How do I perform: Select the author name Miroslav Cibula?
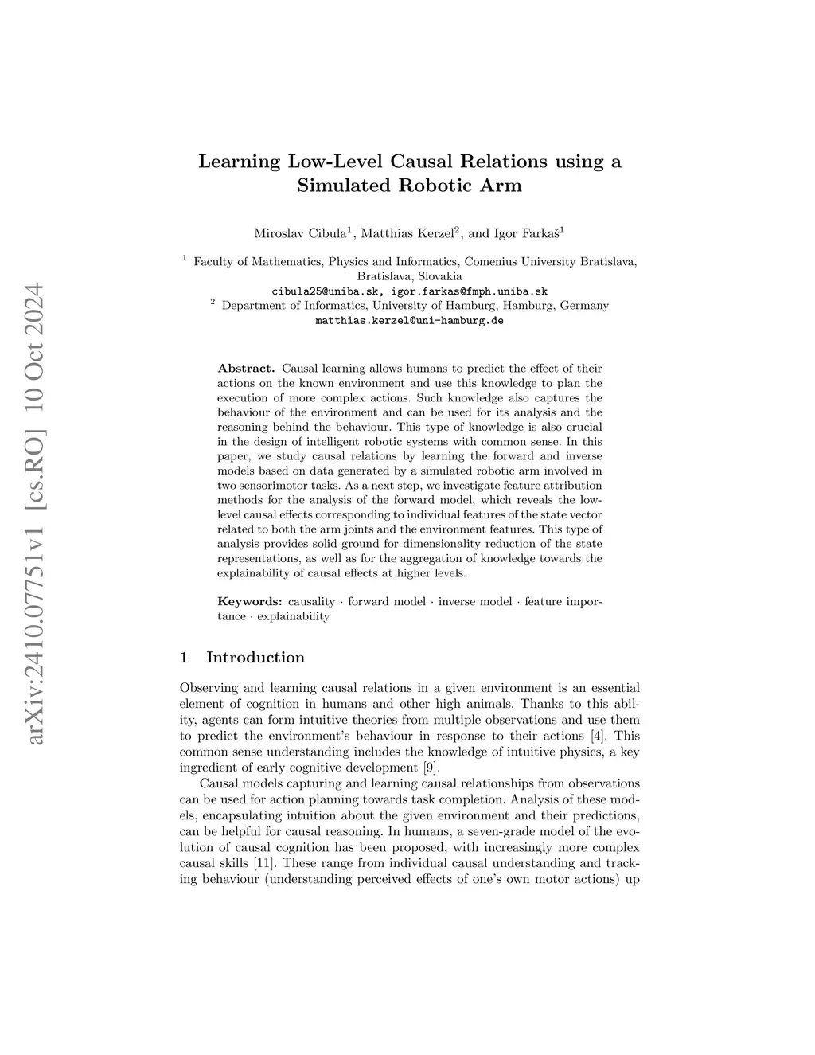[299, 233]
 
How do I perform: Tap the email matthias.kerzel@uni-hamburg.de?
[410, 321]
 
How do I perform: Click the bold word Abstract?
[246, 369]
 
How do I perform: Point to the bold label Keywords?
[249, 601]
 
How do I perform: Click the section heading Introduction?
[255, 658]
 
